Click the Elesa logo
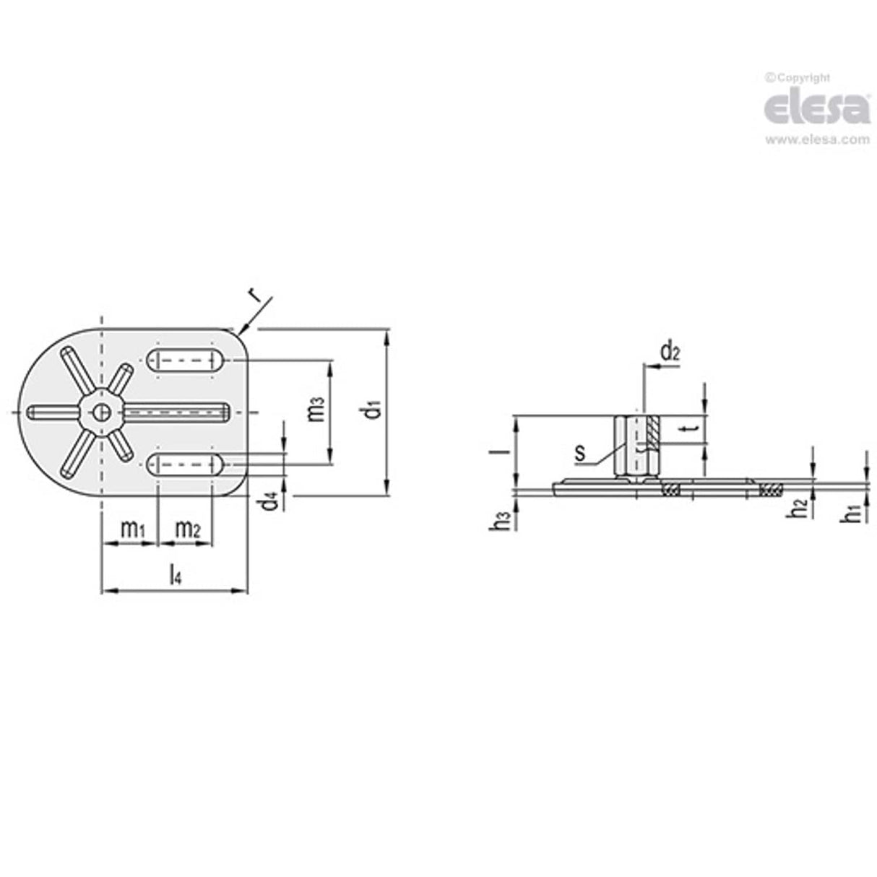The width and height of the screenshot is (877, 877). (x=816, y=109)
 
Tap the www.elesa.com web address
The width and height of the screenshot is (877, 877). (x=816, y=140)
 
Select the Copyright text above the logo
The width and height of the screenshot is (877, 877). (x=798, y=77)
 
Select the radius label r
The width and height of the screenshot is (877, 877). (x=253, y=295)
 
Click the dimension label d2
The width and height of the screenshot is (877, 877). (x=670, y=353)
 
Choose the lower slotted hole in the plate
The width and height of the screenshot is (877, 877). (x=186, y=464)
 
